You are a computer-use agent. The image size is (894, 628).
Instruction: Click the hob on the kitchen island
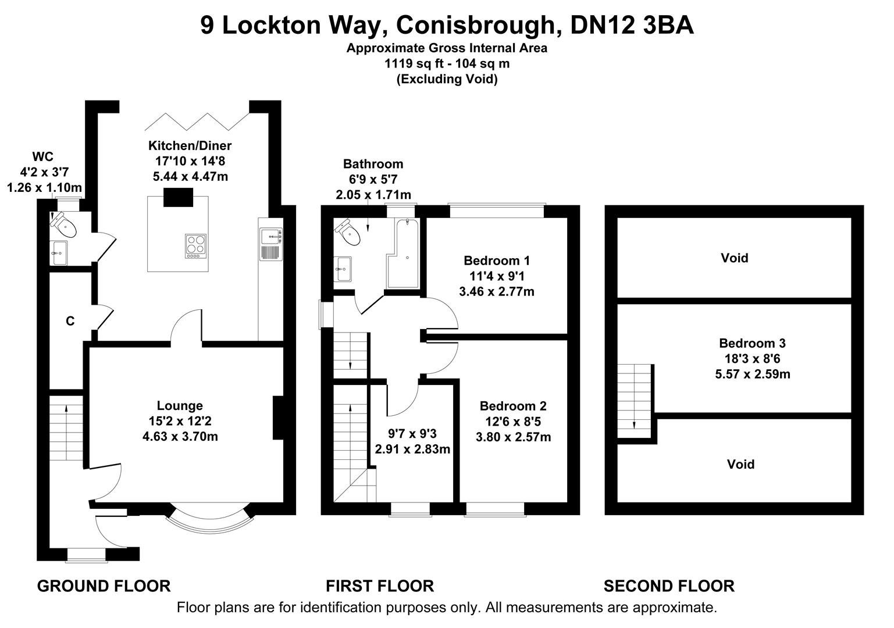pyautogui.click(x=195, y=245)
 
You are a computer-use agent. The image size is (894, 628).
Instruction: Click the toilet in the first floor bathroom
pyautogui.click(x=350, y=233)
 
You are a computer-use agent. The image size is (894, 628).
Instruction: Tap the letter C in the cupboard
pyautogui.click(x=70, y=321)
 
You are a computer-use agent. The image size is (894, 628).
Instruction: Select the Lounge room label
pyautogui.click(x=180, y=406)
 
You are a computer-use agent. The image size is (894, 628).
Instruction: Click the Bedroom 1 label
pyautogui.click(x=496, y=261)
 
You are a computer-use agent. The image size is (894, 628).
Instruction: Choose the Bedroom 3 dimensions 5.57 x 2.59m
pyautogui.click(x=752, y=374)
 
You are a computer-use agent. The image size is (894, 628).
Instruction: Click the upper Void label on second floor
pyautogui.click(x=734, y=258)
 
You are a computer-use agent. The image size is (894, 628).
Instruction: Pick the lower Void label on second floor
pyautogui.click(x=740, y=464)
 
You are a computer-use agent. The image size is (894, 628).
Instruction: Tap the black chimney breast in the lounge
pyautogui.click(x=278, y=418)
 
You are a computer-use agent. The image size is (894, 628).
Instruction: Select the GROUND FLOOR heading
pyautogui.click(x=104, y=586)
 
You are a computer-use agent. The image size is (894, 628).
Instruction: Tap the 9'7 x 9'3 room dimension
pyautogui.click(x=412, y=433)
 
